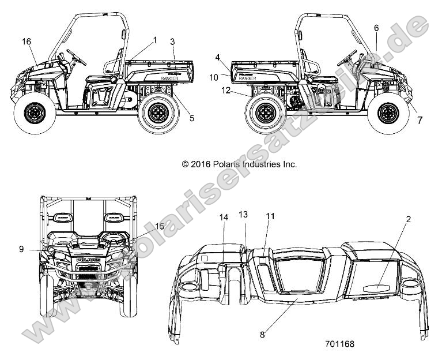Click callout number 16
(x=26, y=41)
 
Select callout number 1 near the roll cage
(x=154, y=39)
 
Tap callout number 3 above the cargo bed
(x=172, y=42)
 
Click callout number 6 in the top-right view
(x=376, y=27)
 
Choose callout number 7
(x=420, y=120)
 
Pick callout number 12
(x=226, y=91)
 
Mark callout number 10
(x=213, y=77)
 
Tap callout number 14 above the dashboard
(x=224, y=217)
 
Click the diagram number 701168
(x=340, y=344)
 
